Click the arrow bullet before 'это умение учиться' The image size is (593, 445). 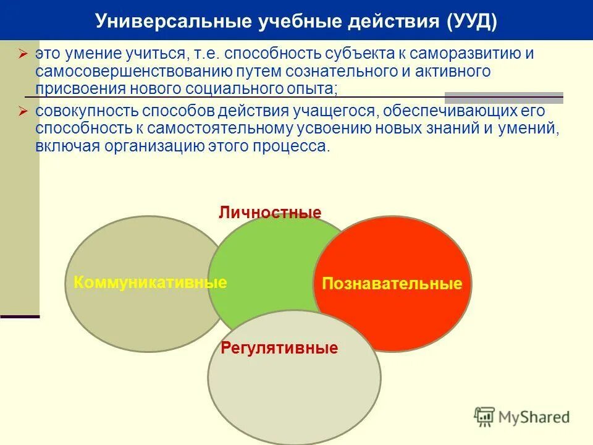[x=23, y=54]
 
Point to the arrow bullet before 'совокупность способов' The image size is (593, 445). [x=23, y=112]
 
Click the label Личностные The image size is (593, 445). [x=270, y=213]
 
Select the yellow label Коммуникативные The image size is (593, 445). [x=150, y=283]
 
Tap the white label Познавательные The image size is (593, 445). [x=392, y=284]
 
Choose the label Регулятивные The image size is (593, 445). [x=279, y=348]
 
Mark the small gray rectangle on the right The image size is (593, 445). [x=503, y=98]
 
